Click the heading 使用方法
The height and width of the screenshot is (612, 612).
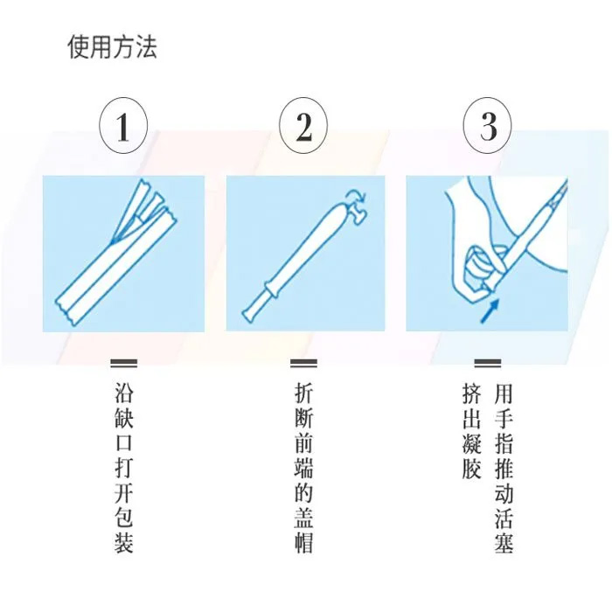[113, 47]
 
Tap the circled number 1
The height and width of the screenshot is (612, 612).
[123, 127]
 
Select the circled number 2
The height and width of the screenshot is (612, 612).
[303, 127]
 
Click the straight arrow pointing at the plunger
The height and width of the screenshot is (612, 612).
[490, 310]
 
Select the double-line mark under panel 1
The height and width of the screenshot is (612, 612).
[124, 364]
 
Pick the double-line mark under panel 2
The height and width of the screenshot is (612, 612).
[303, 364]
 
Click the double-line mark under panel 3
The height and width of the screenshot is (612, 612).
[488, 364]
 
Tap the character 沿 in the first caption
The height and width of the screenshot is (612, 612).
[124, 393]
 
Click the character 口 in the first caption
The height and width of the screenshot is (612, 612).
[124, 442]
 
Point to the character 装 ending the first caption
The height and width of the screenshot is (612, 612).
[124, 543]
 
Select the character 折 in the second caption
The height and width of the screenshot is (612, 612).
[303, 393]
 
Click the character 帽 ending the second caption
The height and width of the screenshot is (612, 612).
[303, 543]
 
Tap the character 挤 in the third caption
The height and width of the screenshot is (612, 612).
[471, 393]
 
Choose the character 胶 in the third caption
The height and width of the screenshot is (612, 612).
[471, 468]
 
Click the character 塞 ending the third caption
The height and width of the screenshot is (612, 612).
[504, 543]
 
